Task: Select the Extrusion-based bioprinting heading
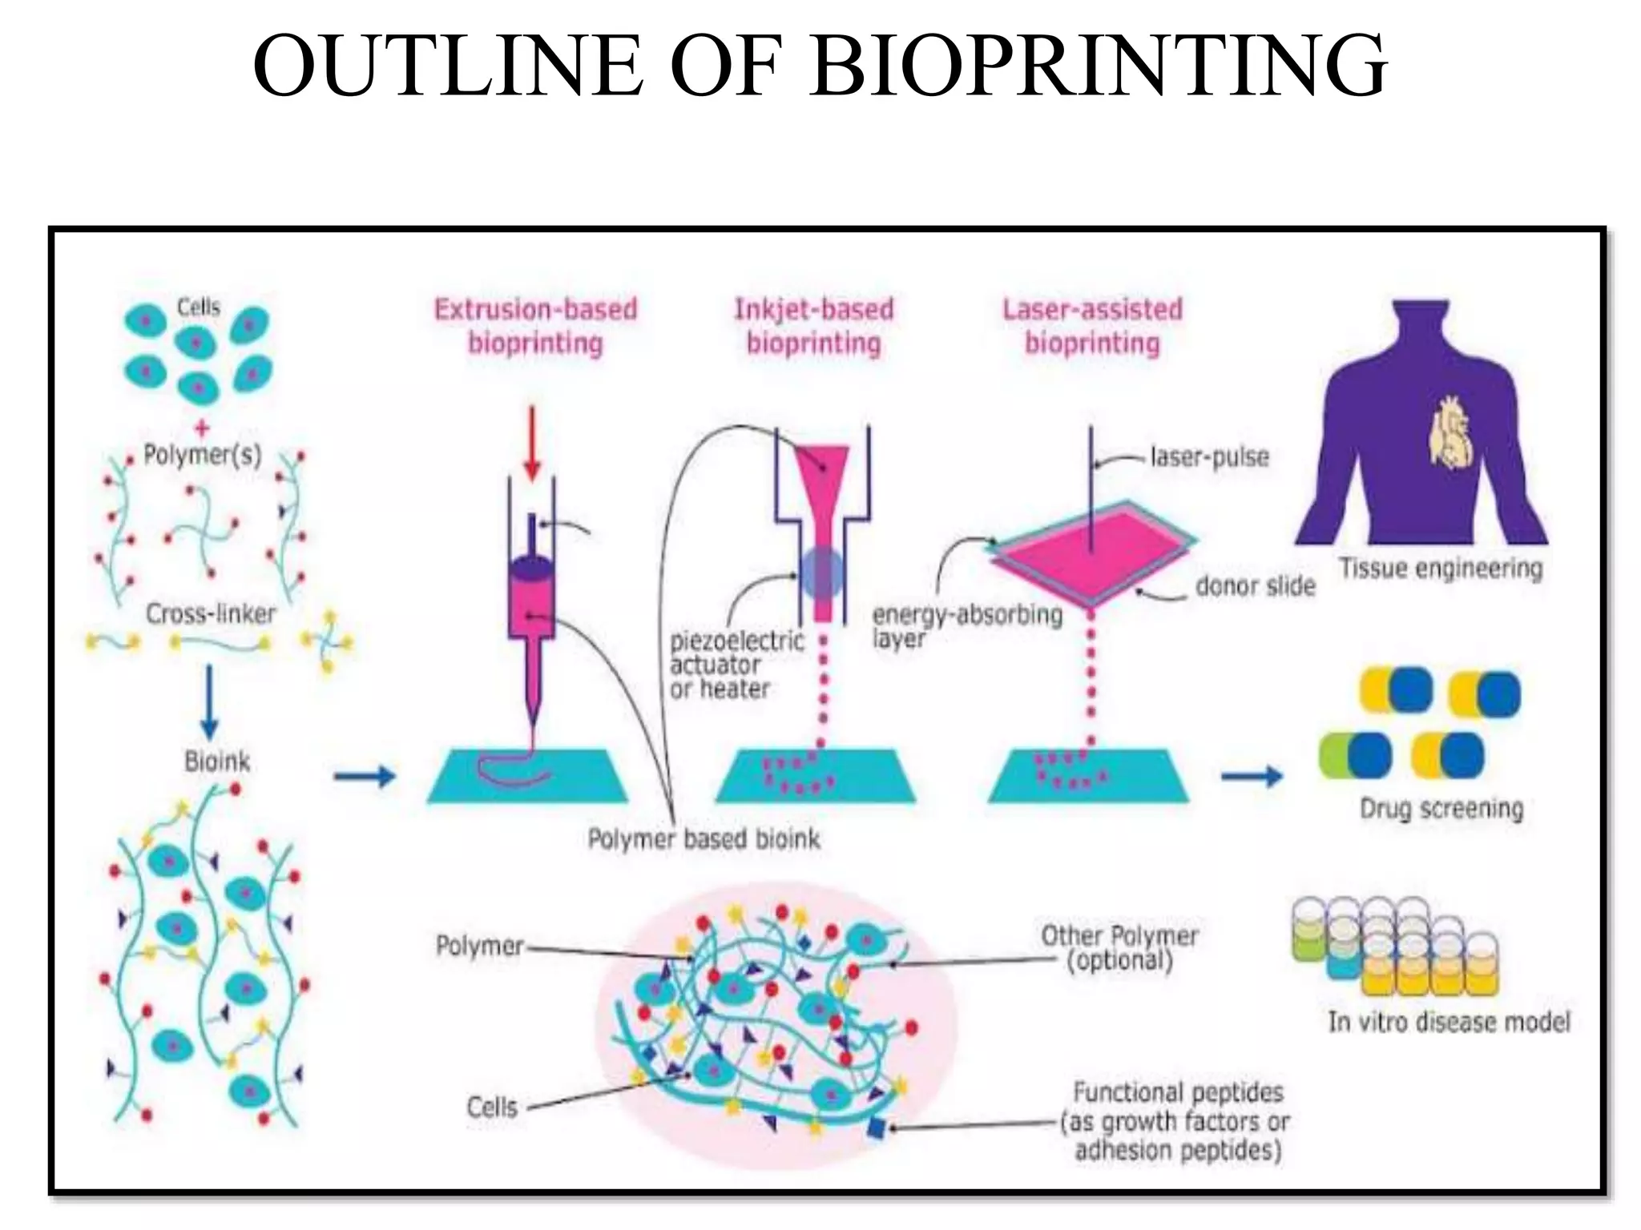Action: [x=535, y=326]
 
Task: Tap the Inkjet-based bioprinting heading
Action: [x=813, y=326]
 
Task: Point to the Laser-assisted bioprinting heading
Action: [x=1092, y=326]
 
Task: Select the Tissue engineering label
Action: [x=1440, y=569]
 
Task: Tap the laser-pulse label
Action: [x=1209, y=457]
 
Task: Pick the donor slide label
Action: [x=1255, y=586]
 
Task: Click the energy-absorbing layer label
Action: [x=966, y=626]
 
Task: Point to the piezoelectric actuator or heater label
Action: [x=736, y=665]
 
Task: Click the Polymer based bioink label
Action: [x=704, y=839]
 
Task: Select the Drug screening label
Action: [x=1441, y=809]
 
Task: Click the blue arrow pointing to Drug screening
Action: [x=1252, y=775]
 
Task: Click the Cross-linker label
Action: [x=210, y=614]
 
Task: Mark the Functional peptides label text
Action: [x=1177, y=1121]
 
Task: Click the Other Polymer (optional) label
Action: [x=1119, y=947]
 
